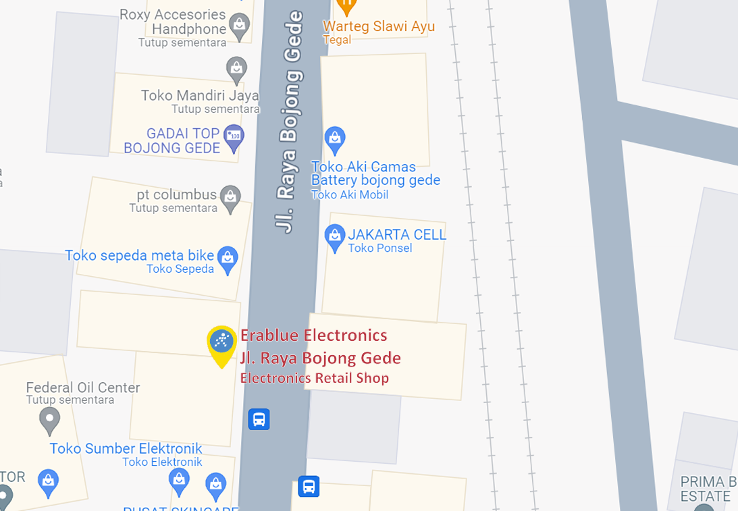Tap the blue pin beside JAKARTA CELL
coord(334,237)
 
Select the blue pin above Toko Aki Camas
coord(335,139)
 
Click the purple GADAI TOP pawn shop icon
coord(234,135)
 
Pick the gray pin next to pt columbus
coord(231,198)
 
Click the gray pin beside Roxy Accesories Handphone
coord(239,26)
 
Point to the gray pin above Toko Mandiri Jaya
coord(236,68)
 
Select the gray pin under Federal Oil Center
coord(49,421)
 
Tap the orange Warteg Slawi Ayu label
coord(378,26)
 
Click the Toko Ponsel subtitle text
coord(379,248)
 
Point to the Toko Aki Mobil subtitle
coord(349,195)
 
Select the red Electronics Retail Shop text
coord(315,378)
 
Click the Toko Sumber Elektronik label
coord(126,448)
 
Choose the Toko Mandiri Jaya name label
coord(199,95)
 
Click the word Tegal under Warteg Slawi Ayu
coord(337,40)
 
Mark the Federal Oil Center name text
coord(83,387)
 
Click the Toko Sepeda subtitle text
coord(180,269)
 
